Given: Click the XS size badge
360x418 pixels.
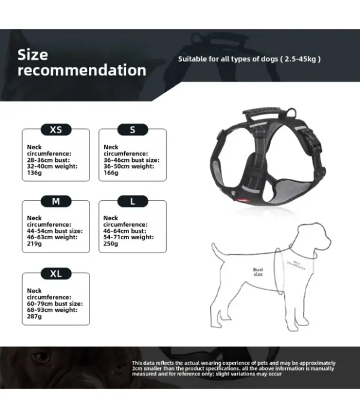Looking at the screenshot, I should coord(56,130).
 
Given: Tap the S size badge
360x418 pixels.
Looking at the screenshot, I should coord(133,130).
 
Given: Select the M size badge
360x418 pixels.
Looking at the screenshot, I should coord(56,202).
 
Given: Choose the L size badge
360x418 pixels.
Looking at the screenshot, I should coord(133,202).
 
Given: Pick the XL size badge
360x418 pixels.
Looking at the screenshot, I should coord(56,274).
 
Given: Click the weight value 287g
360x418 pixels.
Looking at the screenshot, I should coord(34,317).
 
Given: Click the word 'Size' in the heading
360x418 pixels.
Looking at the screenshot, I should coord(32,55).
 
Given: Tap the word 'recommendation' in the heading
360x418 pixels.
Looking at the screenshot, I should coord(82,70).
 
